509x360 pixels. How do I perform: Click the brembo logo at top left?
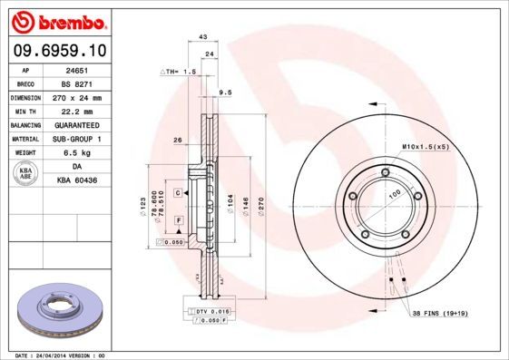[x=59, y=21]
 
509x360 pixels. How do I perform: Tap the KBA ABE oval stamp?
[x=26, y=174]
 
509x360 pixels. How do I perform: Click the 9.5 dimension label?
[x=226, y=92]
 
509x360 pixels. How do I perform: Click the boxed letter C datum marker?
[x=179, y=193]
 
